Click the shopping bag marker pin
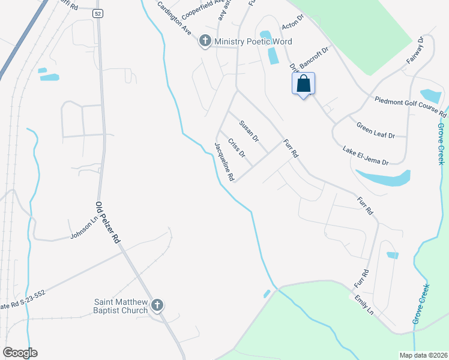click(x=303, y=83)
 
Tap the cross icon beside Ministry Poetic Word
click(x=205, y=41)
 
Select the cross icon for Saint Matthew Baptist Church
click(x=157, y=305)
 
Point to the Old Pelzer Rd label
click(x=108, y=221)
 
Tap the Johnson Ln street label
click(x=83, y=227)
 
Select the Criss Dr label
click(x=237, y=148)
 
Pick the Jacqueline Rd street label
click(x=224, y=161)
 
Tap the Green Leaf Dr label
click(x=376, y=131)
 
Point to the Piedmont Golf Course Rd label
click(x=411, y=106)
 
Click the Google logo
click(x=20, y=353)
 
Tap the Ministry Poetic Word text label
click(x=254, y=41)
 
